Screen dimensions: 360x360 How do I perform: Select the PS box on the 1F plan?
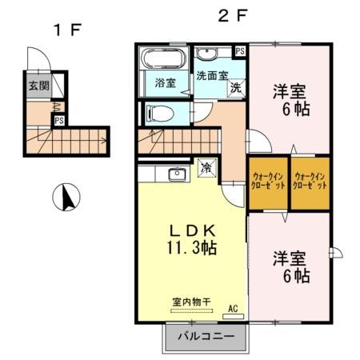pyautogui.click(x=59, y=121)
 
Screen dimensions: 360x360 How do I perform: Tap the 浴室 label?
pyautogui.click(x=166, y=83)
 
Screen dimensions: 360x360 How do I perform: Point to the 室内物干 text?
pyautogui.click(x=191, y=302)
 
